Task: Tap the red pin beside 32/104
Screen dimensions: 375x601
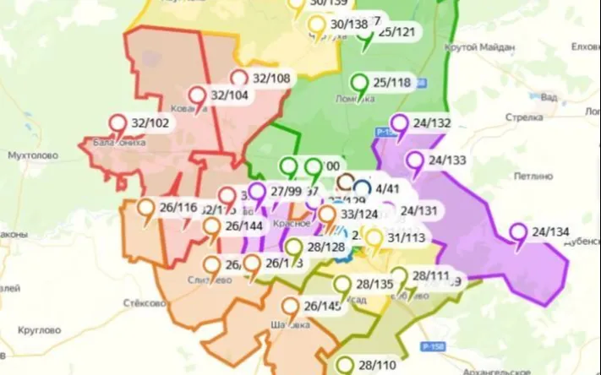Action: pos(197,95)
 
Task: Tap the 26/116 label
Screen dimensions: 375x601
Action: pos(178,207)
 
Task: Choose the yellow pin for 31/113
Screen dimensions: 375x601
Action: pos(373,238)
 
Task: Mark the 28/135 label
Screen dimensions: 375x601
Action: pos(374,284)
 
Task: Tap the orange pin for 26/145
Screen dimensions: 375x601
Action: pos(291,307)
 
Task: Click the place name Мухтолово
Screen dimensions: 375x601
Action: pos(31,155)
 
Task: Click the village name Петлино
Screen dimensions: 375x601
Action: pos(531,178)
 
